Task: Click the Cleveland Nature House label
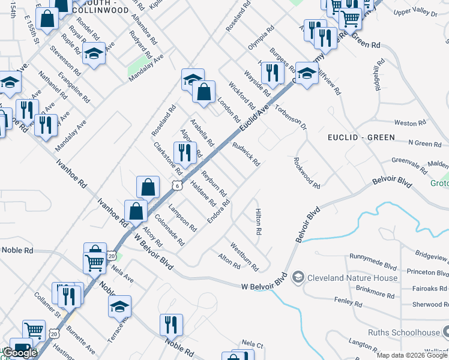click(352, 278)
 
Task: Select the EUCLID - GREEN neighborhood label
click(361, 137)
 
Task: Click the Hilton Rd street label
click(258, 222)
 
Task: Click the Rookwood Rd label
click(307, 173)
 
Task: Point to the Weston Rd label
click(410, 123)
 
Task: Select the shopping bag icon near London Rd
click(204, 92)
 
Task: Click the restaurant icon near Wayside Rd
click(274, 73)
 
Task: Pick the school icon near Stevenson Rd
click(94, 54)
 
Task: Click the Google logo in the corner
click(20, 353)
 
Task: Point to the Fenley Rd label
click(348, 302)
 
